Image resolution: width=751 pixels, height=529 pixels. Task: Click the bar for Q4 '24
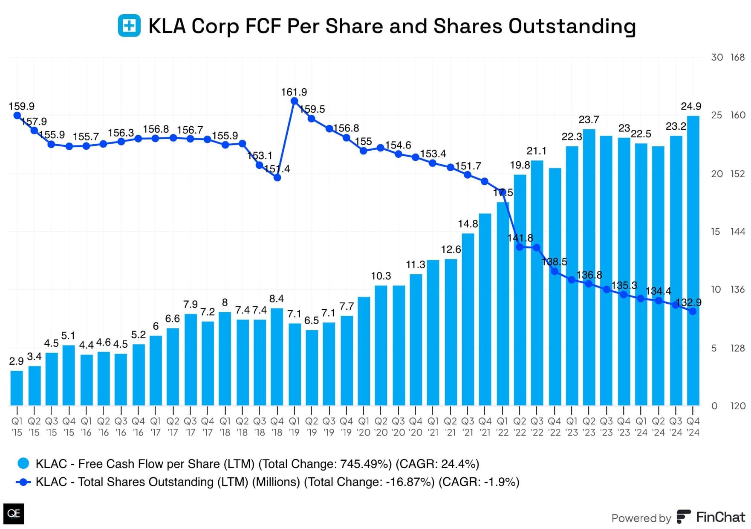(693, 260)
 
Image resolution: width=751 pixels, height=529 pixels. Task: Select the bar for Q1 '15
(17, 388)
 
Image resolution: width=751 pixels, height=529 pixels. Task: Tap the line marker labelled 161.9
(294, 101)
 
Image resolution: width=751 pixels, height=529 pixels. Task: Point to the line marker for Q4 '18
(277, 177)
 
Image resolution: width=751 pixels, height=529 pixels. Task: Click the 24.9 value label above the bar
(690, 106)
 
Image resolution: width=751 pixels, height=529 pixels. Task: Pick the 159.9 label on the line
(21, 106)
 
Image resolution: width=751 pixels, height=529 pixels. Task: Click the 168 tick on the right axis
(737, 57)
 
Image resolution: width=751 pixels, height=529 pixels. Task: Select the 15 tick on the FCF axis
(716, 232)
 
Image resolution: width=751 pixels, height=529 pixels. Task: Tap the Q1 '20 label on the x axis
(364, 427)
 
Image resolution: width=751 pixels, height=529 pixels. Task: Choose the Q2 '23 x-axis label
(589, 427)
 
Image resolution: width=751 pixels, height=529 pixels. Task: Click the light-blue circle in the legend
(23, 463)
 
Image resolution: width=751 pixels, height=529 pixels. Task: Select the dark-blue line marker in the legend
(23, 482)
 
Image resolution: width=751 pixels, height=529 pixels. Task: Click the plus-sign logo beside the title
(129, 26)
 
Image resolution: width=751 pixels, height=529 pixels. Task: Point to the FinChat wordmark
(720, 517)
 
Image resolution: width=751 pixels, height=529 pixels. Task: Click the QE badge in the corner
(14, 514)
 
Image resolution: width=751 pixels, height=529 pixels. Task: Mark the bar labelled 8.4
(277, 357)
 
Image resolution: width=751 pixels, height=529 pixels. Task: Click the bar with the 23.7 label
(589, 267)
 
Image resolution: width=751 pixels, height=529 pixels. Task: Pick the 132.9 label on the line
(688, 302)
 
